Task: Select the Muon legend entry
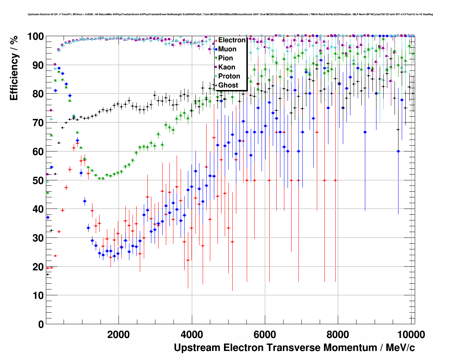tap(227, 49)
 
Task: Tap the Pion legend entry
tap(225, 58)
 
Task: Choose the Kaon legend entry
tap(227, 67)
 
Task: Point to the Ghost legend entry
tap(228, 85)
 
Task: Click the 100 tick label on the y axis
tap(36, 37)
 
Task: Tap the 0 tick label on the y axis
tap(41, 324)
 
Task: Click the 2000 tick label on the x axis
tap(119, 335)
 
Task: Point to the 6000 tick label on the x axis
tap(265, 335)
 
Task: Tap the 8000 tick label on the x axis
tap(338, 335)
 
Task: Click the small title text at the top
tap(230, 14)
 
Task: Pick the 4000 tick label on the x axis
tap(191, 335)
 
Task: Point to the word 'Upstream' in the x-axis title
tap(197, 348)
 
